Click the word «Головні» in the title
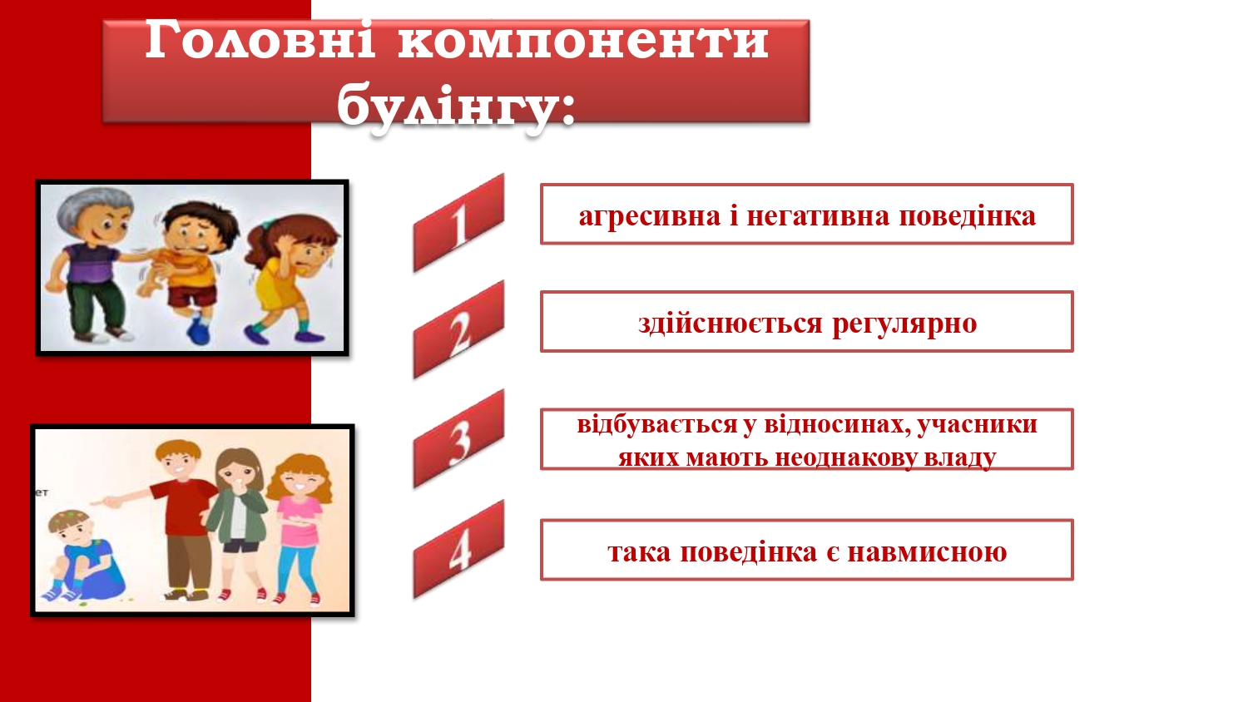pos(260,40)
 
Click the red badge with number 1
pos(458,223)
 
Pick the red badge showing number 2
pos(458,330)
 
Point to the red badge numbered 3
pos(458,439)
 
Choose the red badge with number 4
pos(458,549)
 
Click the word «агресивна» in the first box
pos(649,216)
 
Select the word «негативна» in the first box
pos(818,215)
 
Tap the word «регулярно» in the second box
pos(904,324)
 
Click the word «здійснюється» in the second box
pos(730,323)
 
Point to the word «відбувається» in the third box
pos(656,424)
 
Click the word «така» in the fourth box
pos(639,552)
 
